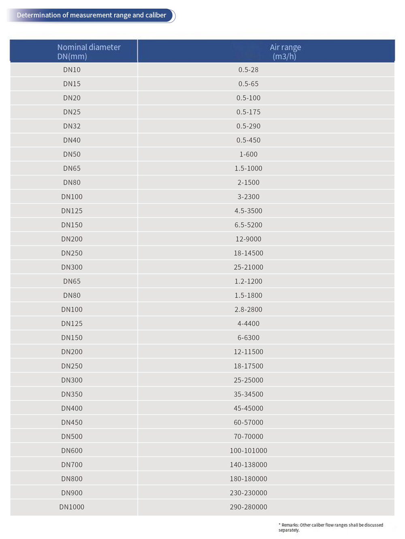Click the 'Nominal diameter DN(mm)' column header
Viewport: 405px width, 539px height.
(x=89, y=52)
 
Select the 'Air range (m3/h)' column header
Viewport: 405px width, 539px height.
(x=285, y=52)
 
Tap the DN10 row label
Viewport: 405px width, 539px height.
(x=72, y=70)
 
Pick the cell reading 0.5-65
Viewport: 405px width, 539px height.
(x=248, y=84)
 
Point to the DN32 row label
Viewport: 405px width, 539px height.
(x=72, y=126)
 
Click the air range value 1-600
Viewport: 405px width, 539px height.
(x=248, y=155)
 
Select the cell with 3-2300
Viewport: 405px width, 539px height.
(x=248, y=197)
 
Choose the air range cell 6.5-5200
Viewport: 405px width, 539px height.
(x=248, y=225)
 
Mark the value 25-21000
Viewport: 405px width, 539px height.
(x=248, y=267)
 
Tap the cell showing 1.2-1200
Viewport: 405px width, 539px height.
(x=248, y=281)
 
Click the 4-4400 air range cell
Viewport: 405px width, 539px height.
(x=248, y=324)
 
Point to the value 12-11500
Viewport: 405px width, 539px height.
(x=248, y=352)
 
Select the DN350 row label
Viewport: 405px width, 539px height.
(x=72, y=394)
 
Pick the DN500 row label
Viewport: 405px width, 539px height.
(x=72, y=436)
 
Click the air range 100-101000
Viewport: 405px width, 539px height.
(x=248, y=451)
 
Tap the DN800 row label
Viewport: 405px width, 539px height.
(x=72, y=479)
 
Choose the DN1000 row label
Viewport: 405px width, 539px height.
(x=72, y=507)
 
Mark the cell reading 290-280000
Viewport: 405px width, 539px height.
(x=248, y=507)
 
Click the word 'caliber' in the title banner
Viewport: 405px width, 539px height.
(x=156, y=15)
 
